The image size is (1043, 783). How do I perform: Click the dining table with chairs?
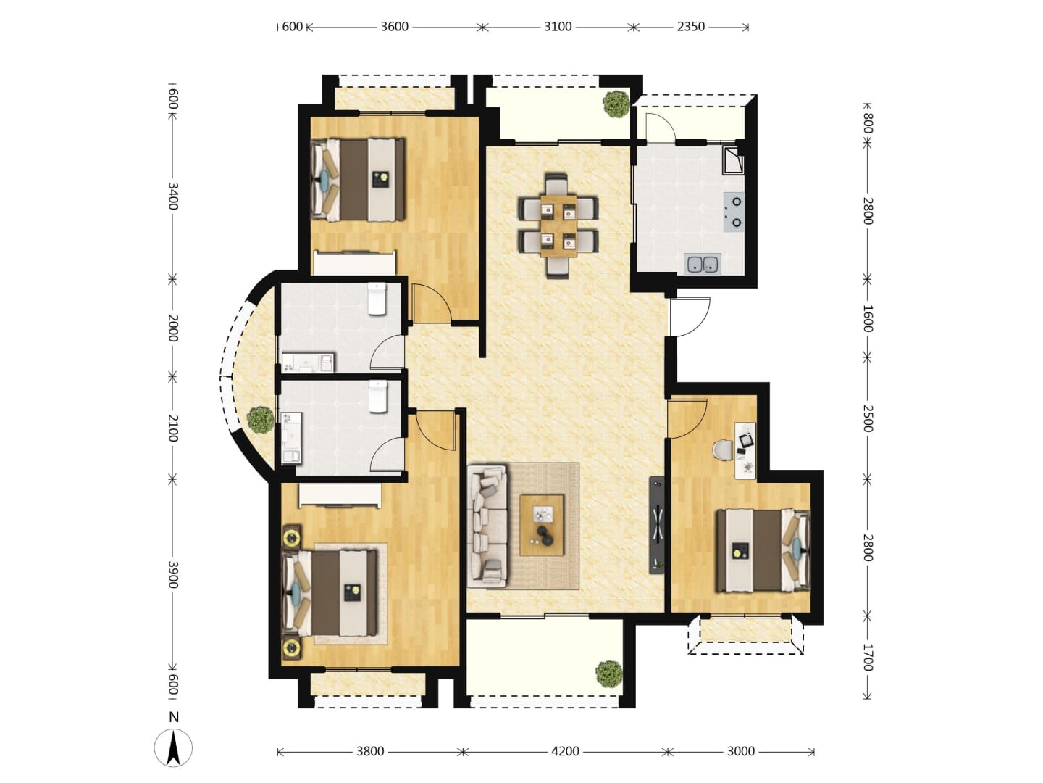point(558,225)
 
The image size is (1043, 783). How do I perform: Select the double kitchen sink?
point(703,264)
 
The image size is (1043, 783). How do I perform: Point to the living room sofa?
point(487,526)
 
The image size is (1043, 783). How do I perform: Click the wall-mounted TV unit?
point(657,525)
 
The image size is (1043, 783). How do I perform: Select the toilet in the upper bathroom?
point(378,299)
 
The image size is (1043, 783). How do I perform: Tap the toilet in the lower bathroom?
point(378,397)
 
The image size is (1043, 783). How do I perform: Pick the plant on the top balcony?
point(616,104)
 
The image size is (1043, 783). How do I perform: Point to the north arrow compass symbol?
point(173,747)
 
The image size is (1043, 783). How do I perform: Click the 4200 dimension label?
point(565,751)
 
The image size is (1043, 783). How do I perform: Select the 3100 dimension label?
point(558,27)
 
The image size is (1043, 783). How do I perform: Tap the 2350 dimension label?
point(691,27)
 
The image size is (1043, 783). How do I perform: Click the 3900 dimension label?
point(173,574)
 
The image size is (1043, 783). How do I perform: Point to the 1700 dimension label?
point(868,657)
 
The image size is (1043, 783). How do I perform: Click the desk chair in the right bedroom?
point(723,449)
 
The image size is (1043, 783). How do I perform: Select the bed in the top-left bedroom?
point(358,180)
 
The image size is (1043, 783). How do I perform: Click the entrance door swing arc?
point(698,323)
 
